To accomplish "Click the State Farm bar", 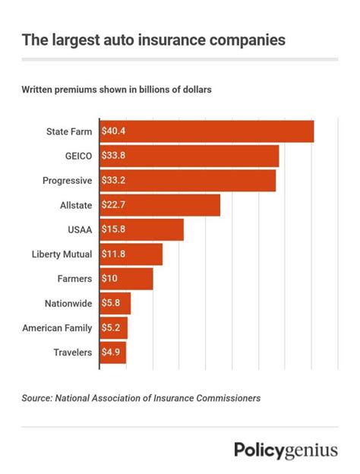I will tap(207, 131).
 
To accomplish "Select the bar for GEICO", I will tap(189, 156).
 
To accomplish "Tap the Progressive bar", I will tap(188, 181).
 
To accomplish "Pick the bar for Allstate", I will tap(159, 205).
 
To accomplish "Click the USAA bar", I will tap(141, 229).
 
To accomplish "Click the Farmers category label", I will tap(74, 279).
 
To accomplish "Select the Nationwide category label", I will tap(68, 303).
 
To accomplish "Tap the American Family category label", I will tap(57, 327).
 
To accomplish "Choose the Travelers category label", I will tap(73, 352).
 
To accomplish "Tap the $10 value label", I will tap(109, 279).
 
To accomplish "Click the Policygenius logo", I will tap(286, 450).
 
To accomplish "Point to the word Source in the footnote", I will tap(36, 397).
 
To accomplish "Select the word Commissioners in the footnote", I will tap(226, 397).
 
